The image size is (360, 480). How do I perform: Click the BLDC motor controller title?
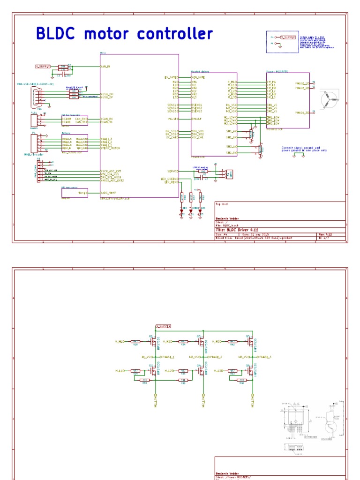click(x=124, y=34)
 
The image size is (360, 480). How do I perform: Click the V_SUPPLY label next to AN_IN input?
click(x=43, y=67)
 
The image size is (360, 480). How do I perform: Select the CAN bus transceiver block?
click(x=75, y=120)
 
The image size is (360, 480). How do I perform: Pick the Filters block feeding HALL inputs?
click(x=75, y=142)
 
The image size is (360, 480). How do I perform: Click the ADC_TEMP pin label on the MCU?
click(x=110, y=193)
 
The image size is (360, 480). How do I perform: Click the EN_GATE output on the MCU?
click(x=171, y=77)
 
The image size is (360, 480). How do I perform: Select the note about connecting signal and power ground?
click(x=304, y=149)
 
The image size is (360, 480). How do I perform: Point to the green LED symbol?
click(x=191, y=211)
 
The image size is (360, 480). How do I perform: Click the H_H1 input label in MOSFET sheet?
click(x=120, y=341)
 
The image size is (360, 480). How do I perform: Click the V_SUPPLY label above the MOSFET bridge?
click(x=162, y=325)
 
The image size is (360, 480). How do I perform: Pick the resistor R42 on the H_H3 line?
click(x=232, y=342)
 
